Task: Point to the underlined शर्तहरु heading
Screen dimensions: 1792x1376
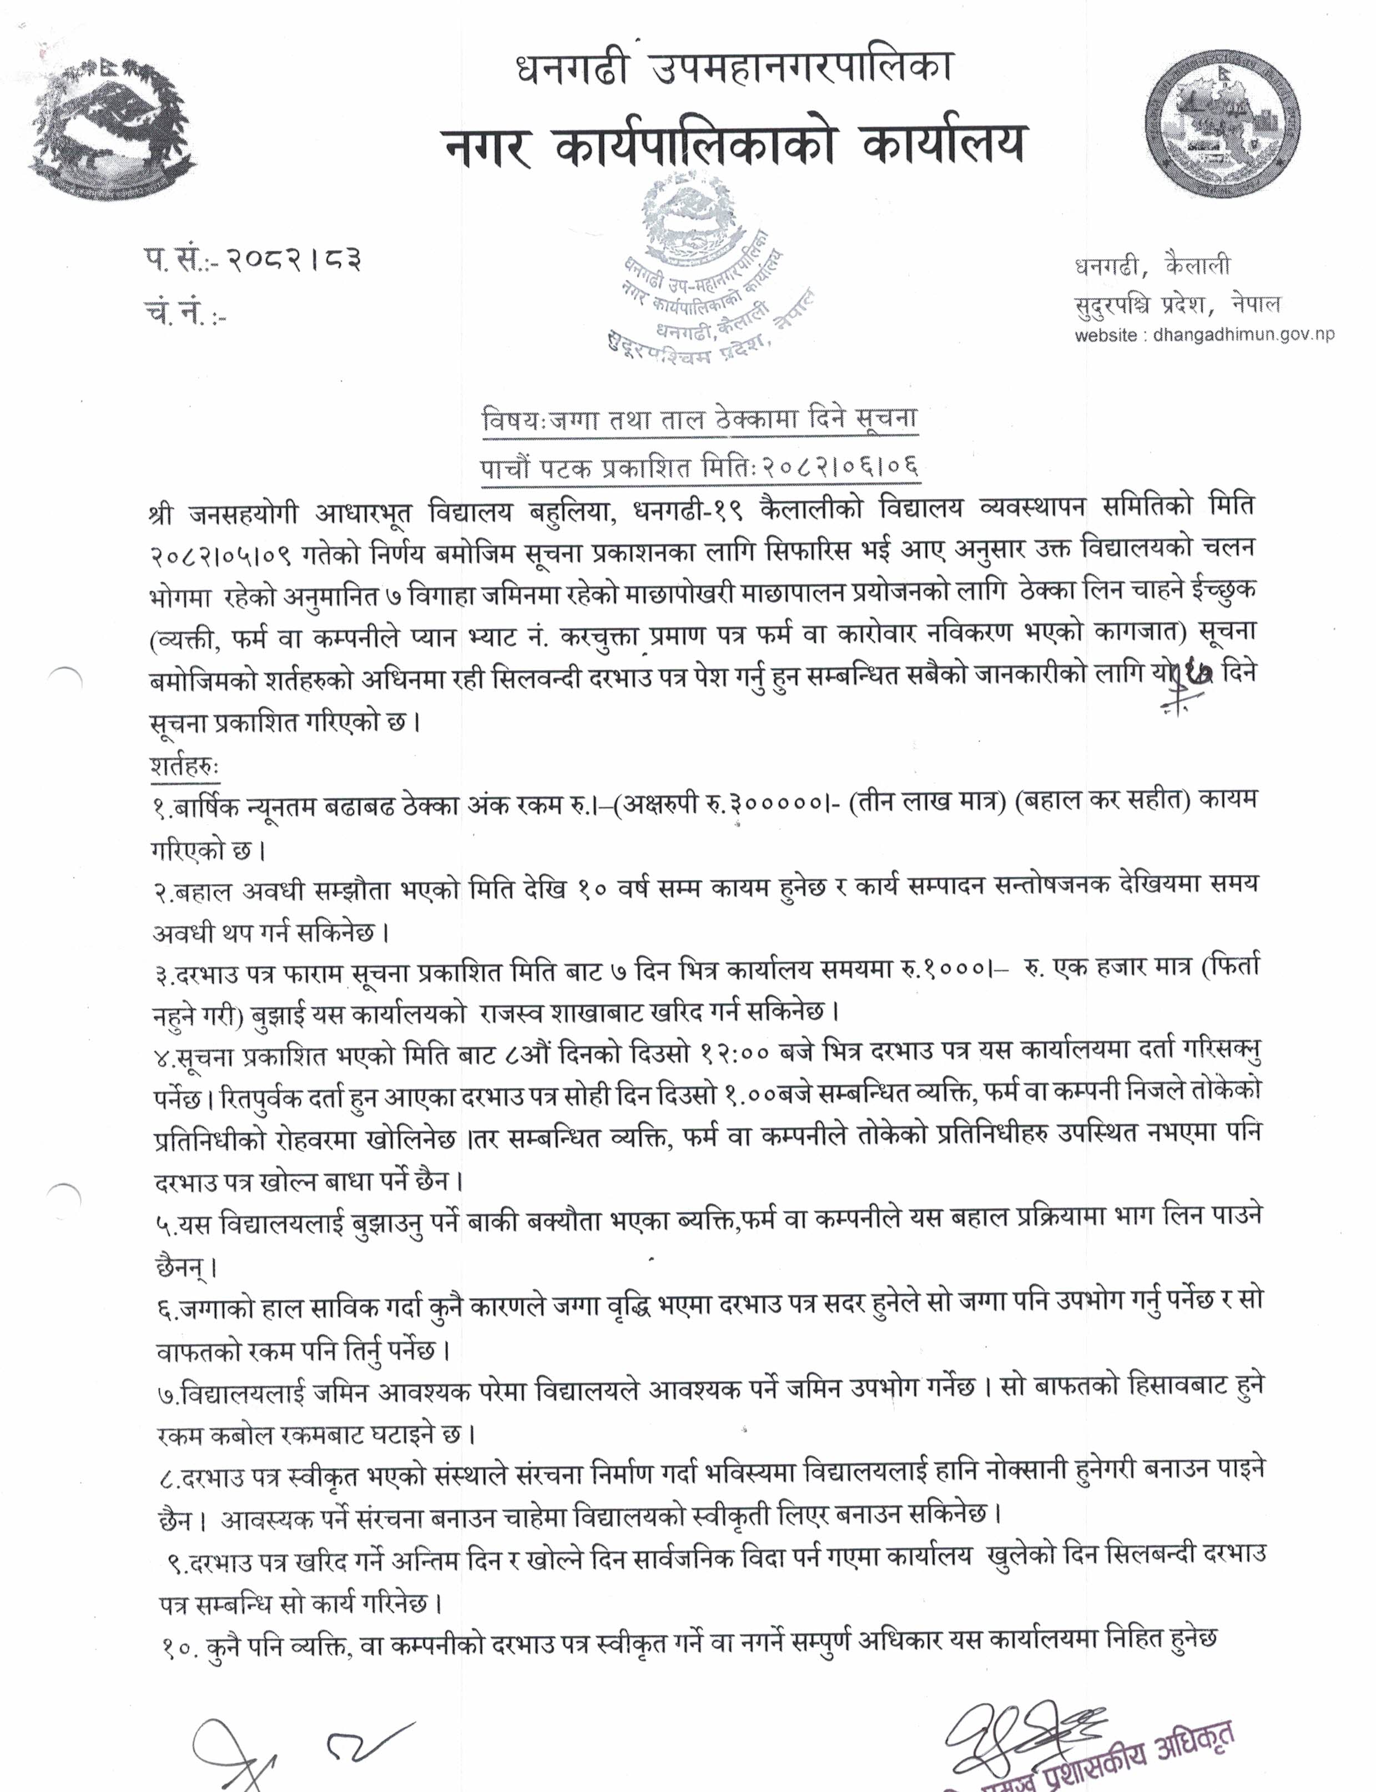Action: pyautogui.click(x=184, y=766)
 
